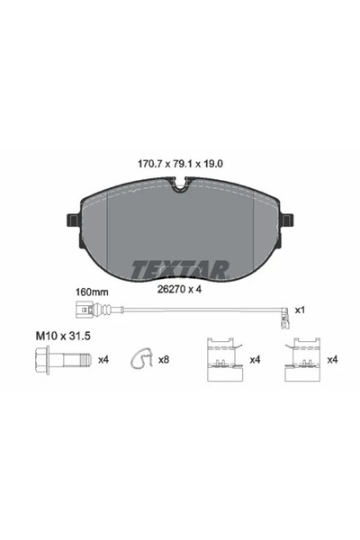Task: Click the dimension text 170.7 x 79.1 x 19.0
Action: [179, 166]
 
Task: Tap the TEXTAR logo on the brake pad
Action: [181, 268]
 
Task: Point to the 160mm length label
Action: [93, 292]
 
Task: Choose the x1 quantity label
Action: [300, 310]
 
